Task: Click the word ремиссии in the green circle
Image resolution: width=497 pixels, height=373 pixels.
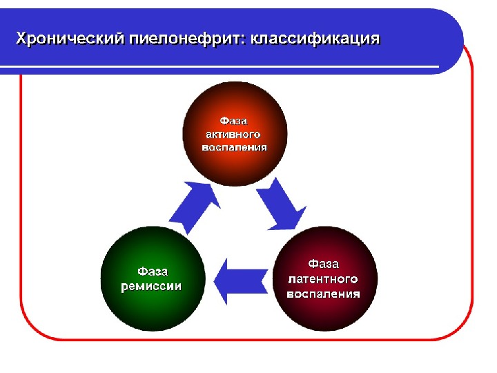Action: point(152,285)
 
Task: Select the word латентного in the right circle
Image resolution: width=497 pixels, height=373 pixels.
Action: point(323,279)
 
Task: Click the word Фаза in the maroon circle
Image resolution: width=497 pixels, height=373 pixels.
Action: point(323,264)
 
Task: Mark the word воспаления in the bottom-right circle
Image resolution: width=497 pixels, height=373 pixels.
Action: point(323,294)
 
